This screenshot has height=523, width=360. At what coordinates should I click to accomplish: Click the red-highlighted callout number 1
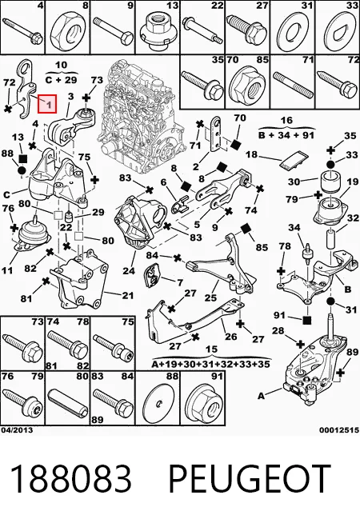click(47, 104)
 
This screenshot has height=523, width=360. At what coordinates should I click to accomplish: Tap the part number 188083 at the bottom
click(70, 478)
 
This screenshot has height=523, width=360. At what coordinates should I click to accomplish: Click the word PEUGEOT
click(250, 478)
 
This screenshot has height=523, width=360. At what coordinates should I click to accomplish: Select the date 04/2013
click(17, 430)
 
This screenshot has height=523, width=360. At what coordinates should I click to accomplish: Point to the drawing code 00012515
click(339, 430)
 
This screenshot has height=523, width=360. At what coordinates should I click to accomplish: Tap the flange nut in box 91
click(202, 404)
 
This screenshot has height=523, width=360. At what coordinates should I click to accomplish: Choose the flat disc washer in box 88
click(158, 405)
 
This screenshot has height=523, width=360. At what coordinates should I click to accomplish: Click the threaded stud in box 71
click(293, 83)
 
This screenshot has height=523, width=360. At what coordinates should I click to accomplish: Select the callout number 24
click(129, 270)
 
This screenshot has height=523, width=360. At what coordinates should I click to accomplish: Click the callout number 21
click(127, 295)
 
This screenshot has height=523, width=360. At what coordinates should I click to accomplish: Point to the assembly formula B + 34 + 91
click(286, 135)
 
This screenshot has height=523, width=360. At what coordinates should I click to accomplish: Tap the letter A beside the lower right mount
click(262, 396)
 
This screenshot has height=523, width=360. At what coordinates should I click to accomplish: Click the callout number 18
click(252, 154)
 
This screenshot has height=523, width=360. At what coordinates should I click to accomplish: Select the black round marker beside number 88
click(22, 171)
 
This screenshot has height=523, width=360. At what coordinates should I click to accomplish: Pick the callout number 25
click(211, 297)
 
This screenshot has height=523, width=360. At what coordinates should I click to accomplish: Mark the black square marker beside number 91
click(307, 321)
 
